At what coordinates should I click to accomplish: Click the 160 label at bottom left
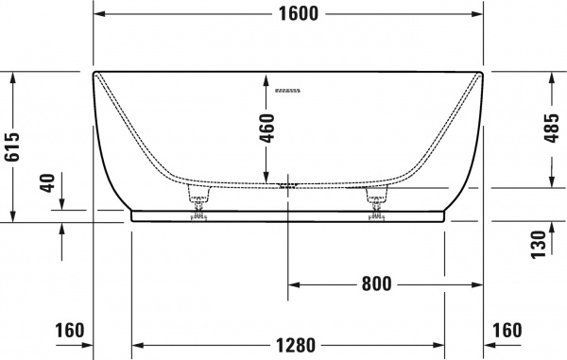click(x=69, y=331)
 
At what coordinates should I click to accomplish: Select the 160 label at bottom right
click(x=507, y=331)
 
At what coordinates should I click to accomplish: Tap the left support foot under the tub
click(x=199, y=198)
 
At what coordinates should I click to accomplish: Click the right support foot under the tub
click(x=377, y=198)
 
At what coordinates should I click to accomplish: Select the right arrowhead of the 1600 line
click(x=477, y=14)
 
